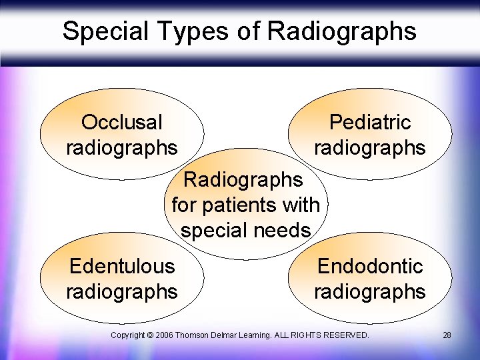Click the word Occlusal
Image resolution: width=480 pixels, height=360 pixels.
coord(121,122)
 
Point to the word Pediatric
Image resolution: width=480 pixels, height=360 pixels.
coord(370,122)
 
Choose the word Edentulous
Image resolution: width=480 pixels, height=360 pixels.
coord(121,266)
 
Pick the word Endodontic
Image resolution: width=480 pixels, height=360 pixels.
coord(370,266)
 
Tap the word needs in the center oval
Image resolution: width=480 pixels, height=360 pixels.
coord(286,230)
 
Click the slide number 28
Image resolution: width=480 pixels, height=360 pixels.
coord(447,335)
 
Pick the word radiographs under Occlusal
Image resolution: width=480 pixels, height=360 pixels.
coord(121,147)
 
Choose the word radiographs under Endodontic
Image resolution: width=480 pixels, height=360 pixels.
coord(370,291)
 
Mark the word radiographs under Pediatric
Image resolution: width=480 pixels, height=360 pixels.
coord(370,147)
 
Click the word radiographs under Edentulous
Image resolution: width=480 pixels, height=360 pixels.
coord(121,291)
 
